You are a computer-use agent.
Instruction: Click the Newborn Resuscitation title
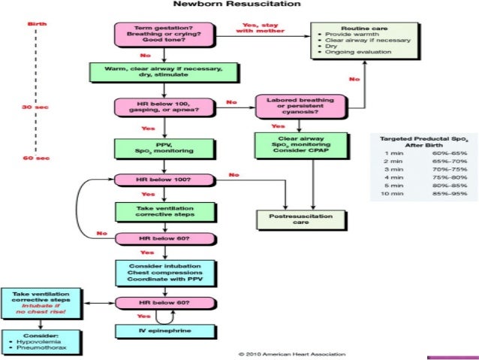point(239,6)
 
